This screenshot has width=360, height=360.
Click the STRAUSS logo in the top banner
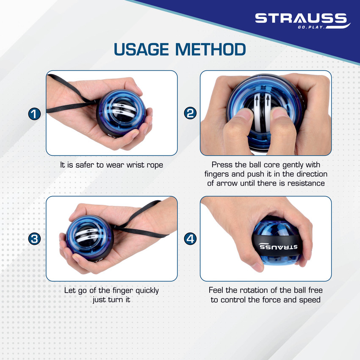tap(301, 18)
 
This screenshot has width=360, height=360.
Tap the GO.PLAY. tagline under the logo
tap(312, 27)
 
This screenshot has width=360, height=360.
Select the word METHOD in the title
tap(210, 50)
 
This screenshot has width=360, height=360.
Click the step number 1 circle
tap(34, 114)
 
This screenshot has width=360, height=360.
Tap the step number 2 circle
tap(190, 113)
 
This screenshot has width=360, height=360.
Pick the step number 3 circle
tap(34, 239)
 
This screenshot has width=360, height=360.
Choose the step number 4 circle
tap(190, 239)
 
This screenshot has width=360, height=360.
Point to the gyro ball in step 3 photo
tap(90, 238)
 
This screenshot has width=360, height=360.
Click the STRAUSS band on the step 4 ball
tap(277, 245)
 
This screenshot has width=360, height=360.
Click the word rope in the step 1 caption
tap(154, 165)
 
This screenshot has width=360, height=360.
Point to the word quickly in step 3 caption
tap(147, 291)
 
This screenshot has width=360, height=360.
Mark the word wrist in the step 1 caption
tap(135, 165)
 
